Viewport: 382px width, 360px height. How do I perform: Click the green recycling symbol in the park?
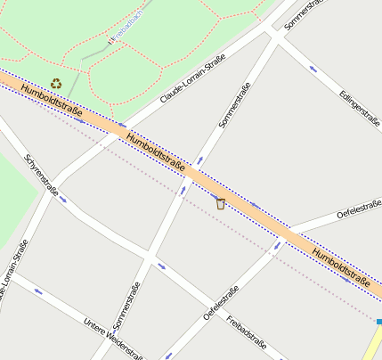[x=56, y=84]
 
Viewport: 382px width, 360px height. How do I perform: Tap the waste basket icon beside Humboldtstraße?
[x=220, y=203]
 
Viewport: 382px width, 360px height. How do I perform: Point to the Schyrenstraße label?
[x=42, y=176]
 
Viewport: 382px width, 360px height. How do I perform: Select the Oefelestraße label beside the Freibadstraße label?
[x=222, y=303]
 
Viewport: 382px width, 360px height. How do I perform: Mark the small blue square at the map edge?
[x=378, y=322]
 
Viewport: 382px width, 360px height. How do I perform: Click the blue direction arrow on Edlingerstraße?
[x=313, y=69]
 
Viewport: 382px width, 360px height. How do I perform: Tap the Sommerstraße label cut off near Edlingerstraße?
[x=301, y=15]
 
